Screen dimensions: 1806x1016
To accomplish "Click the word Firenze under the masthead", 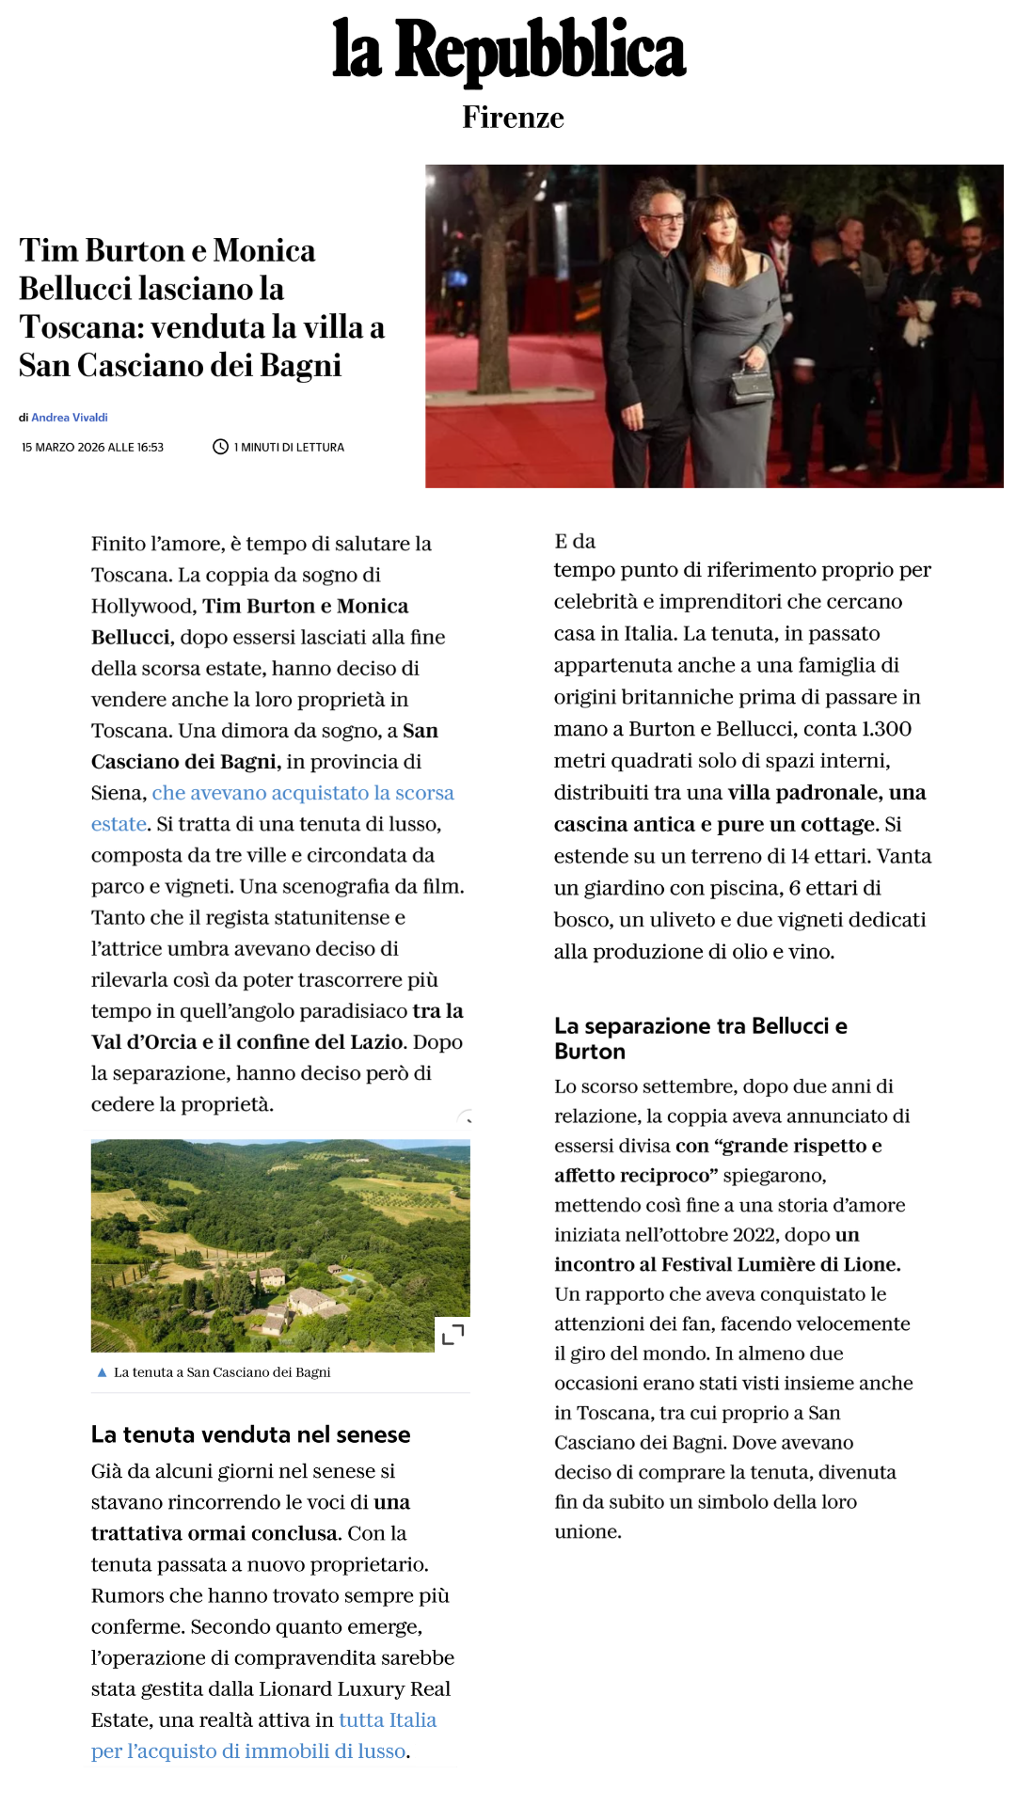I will click(x=513, y=118).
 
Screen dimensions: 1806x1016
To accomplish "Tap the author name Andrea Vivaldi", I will click(x=70, y=418).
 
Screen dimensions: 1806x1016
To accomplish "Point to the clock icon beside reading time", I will click(x=220, y=447).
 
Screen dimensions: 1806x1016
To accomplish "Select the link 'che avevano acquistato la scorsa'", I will click(x=303, y=793).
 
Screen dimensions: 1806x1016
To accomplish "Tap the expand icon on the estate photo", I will click(x=452, y=1334).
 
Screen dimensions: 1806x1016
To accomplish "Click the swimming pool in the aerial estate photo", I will click(x=347, y=1278).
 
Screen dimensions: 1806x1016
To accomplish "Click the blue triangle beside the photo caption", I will click(x=102, y=1372).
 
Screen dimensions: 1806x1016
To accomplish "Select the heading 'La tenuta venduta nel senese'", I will click(x=250, y=1434).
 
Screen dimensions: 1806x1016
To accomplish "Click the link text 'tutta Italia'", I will click(x=388, y=1720).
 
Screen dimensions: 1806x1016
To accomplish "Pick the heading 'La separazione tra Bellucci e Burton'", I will click(x=701, y=1038).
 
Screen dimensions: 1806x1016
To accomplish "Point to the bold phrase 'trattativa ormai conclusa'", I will click(x=214, y=1533).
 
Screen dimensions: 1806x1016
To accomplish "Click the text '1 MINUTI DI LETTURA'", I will click(x=289, y=448).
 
